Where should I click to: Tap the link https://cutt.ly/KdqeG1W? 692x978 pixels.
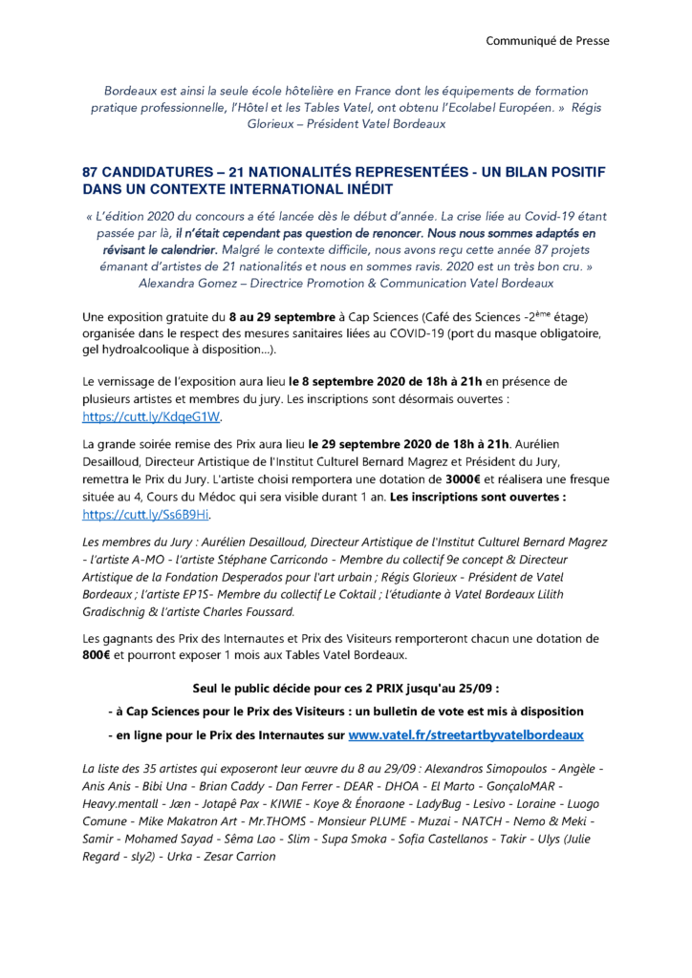coord(153,417)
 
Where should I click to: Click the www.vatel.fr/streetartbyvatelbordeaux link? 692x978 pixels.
coord(465,735)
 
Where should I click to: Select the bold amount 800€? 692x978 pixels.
coord(97,655)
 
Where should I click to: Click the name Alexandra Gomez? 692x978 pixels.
coord(186,283)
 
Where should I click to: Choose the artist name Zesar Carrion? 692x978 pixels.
coord(235,856)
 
